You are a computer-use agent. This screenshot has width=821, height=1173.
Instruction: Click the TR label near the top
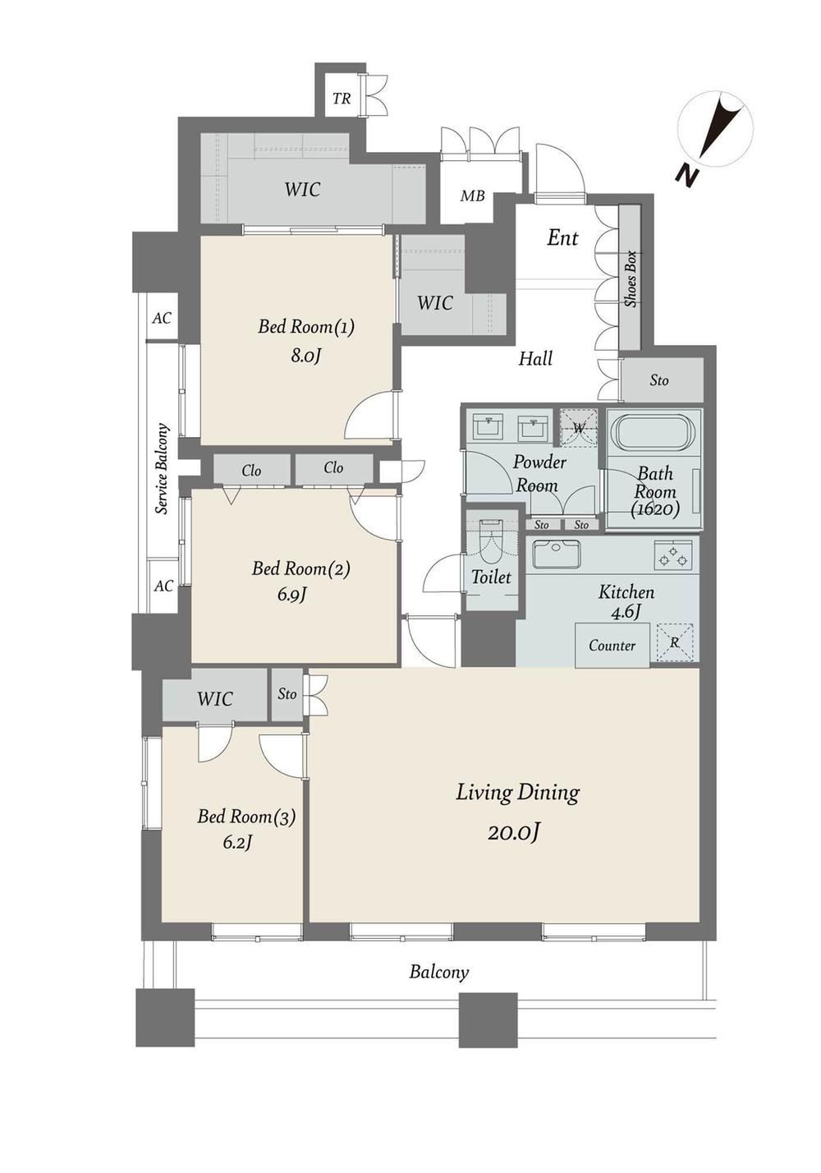pyautogui.click(x=342, y=98)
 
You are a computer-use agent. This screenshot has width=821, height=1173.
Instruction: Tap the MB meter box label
pyautogui.click(x=473, y=195)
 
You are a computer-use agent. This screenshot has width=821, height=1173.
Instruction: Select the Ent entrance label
pyautogui.click(x=562, y=238)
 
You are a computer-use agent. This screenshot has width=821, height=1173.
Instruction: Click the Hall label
pyautogui.click(x=536, y=359)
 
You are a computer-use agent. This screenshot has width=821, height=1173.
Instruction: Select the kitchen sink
pyautogui.click(x=557, y=554)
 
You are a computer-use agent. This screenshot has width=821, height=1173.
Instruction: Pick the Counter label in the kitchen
pyautogui.click(x=612, y=645)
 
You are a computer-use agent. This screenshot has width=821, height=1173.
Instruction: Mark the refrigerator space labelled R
pyautogui.click(x=675, y=642)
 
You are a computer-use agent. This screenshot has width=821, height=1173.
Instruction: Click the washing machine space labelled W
pyautogui.click(x=579, y=427)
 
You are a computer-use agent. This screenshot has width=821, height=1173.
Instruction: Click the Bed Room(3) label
pyautogui.click(x=246, y=816)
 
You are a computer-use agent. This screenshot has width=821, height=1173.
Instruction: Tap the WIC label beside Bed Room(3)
pyautogui.click(x=215, y=698)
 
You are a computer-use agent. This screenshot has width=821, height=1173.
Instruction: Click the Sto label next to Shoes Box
pyautogui.click(x=659, y=380)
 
